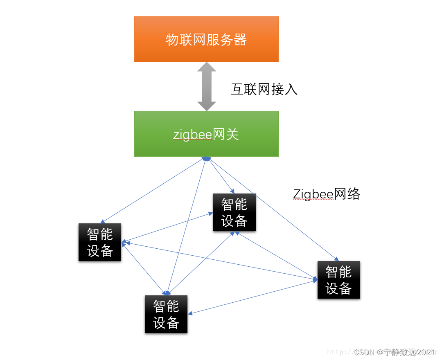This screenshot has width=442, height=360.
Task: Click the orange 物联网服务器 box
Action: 206,39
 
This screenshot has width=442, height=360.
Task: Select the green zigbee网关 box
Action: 206,134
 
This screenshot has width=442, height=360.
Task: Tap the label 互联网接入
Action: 264,89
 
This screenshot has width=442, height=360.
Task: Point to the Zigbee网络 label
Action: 327,194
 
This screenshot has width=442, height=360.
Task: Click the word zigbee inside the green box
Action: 192,134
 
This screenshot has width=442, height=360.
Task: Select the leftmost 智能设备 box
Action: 100,242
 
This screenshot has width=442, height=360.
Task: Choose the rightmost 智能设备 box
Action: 338,280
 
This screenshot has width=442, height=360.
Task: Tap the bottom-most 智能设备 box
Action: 166,314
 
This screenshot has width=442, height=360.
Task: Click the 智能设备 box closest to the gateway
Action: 234,212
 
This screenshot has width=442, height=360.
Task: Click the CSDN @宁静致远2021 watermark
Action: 395,352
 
